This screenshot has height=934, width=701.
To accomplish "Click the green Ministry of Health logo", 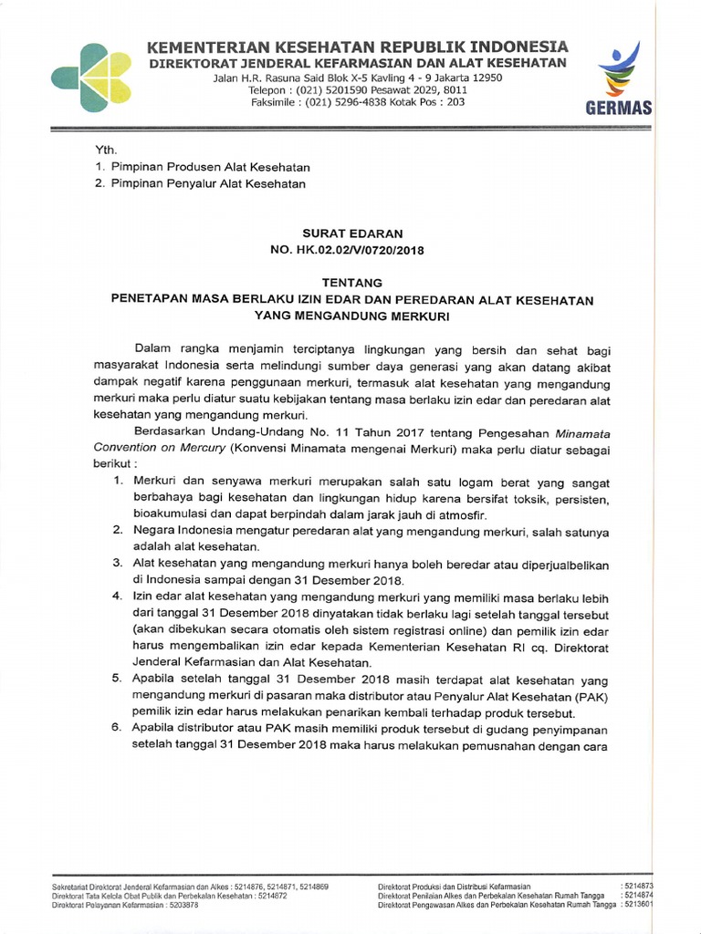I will point(90,78).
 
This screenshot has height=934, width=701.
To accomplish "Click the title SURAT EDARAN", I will point(351,233).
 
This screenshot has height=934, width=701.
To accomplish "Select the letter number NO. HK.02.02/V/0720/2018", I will point(351,249).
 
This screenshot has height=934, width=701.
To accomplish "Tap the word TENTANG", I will point(351,283).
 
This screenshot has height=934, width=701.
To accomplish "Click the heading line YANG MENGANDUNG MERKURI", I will point(351,315).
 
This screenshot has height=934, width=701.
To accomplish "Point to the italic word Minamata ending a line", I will point(579,433).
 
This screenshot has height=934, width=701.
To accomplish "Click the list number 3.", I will point(117,563).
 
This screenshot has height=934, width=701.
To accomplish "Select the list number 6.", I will point(117,730).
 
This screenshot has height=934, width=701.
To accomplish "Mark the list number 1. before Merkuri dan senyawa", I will point(117,481).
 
